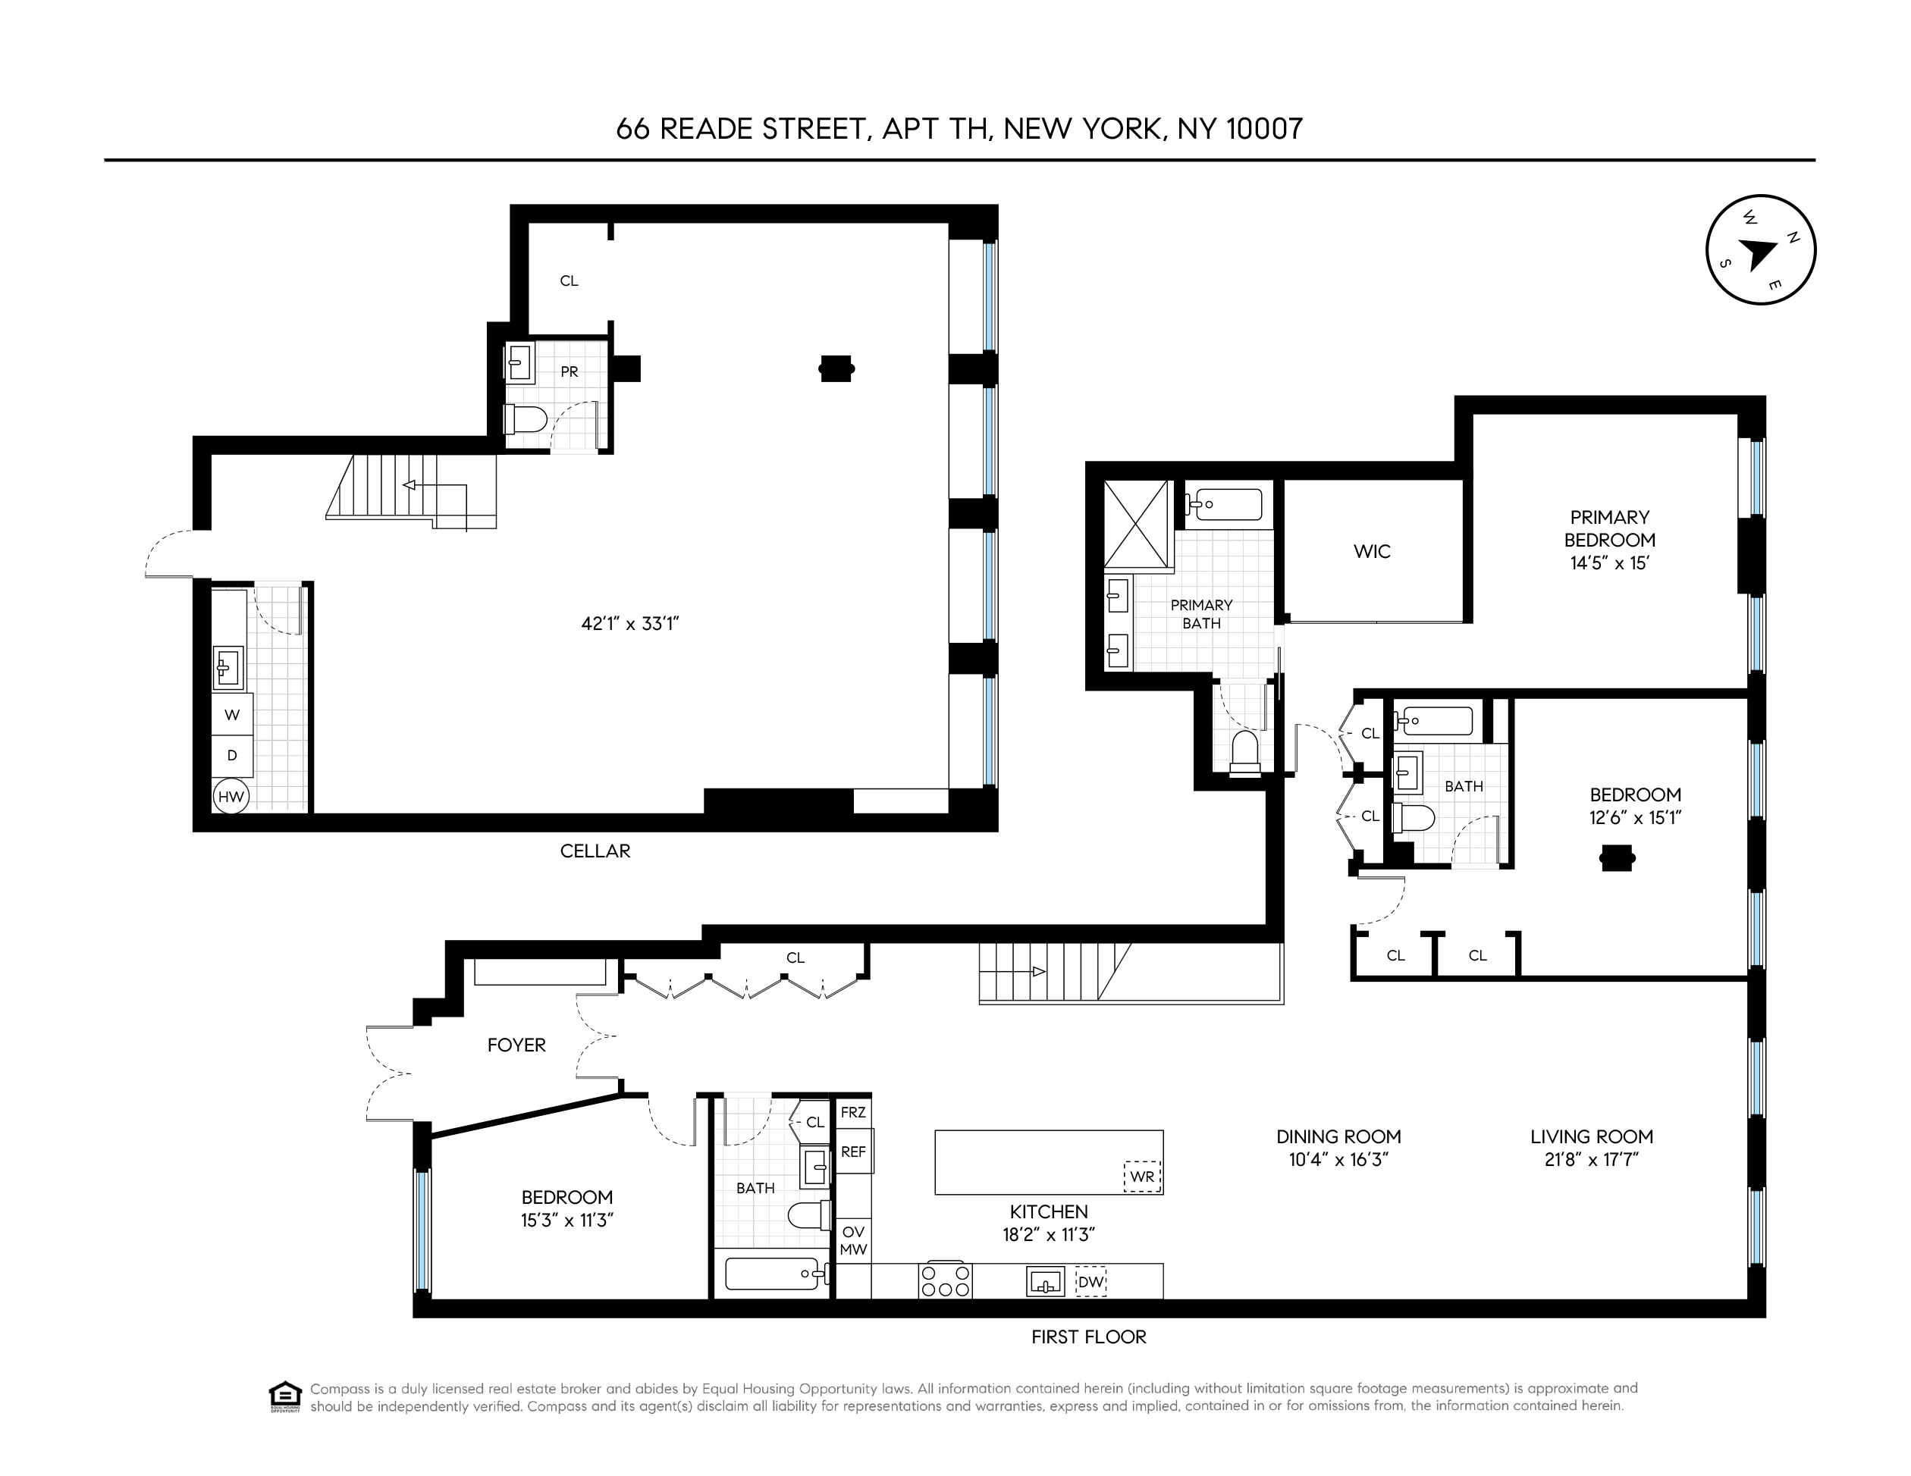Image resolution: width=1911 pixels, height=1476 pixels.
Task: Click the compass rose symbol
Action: point(1761,249)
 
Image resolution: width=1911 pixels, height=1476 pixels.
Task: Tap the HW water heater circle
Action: point(231,796)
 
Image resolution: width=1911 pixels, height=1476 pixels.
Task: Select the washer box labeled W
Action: point(232,715)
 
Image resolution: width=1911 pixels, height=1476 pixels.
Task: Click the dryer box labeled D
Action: point(232,755)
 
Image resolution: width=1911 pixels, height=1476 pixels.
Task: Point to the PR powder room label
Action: point(569,372)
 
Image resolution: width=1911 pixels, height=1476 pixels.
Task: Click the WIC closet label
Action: point(1371,551)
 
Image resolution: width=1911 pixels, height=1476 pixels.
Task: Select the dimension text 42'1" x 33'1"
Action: point(630,624)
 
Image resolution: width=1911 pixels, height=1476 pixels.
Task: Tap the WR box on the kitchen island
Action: point(1142,1177)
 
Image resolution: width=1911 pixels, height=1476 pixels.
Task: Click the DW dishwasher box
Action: point(1090,1283)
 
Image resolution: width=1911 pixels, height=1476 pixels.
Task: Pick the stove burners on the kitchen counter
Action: point(944,1281)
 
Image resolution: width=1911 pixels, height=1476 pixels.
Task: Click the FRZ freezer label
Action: point(853,1113)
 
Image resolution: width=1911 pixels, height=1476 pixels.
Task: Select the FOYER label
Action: point(516,1045)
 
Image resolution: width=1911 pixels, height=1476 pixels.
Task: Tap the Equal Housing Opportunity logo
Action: point(285,1396)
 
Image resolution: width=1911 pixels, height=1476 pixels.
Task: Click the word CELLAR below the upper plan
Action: point(595,851)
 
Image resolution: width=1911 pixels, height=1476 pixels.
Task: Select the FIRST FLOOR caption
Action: point(1087,1337)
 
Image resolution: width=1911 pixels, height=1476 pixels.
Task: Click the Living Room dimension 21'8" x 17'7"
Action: point(1591,1160)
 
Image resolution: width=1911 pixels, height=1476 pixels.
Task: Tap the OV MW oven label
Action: point(853,1241)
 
